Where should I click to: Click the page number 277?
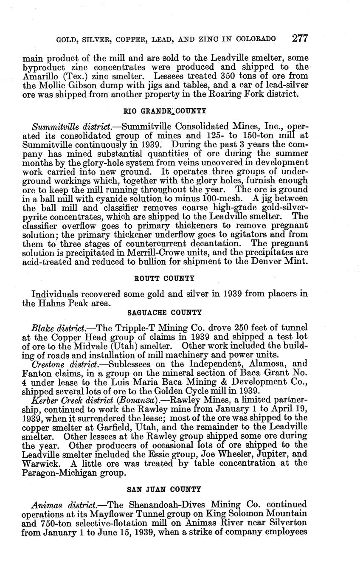pyautogui.click(x=300, y=38)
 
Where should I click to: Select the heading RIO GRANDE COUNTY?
pyautogui.click(x=165, y=111)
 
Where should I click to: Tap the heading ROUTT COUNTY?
pyautogui.click(x=164, y=279)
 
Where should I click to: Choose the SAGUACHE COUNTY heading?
pyautogui.click(x=164, y=313)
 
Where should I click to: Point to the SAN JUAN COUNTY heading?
pyautogui.click(x=164, y=490)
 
